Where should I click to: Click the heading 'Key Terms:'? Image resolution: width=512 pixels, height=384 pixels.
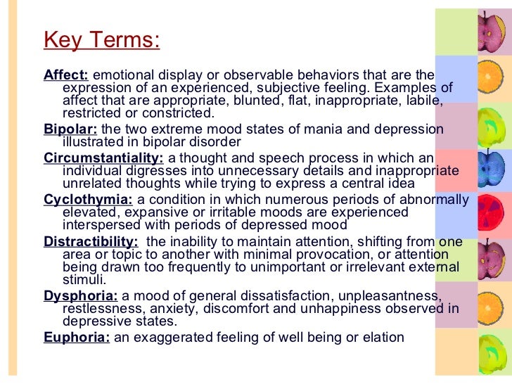tap(101, 40)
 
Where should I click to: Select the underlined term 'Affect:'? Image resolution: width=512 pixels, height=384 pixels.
tap(66, 75)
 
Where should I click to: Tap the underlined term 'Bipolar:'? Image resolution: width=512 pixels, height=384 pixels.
tap(70, 129)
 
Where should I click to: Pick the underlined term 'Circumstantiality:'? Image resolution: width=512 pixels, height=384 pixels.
tap(103, 158)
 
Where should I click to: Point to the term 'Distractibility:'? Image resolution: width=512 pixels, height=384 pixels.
tap(90, 241)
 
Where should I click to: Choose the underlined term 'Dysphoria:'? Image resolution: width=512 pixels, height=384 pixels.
tap(80, 295)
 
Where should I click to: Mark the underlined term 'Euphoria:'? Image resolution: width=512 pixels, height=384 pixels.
tap(77, 337)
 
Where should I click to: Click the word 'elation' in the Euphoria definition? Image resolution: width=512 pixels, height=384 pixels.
tap(384, 337)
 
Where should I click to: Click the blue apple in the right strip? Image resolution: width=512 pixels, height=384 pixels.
tap(490, 167)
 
